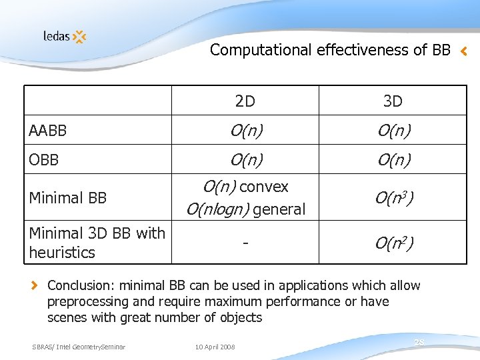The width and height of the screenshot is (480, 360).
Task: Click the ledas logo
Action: click(x=65, y=36)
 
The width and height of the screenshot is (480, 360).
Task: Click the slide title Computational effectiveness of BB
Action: click(x=330, y=50)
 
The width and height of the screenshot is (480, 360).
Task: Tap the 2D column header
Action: click(x=245, y=101)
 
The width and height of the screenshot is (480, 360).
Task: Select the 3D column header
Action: click(x=393, y=101)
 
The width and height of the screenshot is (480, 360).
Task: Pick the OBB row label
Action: click(x=44, y=160)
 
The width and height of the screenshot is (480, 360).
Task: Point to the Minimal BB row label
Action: click(x=68, y=198)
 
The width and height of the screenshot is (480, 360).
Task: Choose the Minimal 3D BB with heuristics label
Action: click(x=97, y=243)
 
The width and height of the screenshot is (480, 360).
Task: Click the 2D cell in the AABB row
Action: click(x=245, y=131)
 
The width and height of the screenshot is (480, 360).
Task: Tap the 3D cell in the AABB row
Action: click(x=393, y=131)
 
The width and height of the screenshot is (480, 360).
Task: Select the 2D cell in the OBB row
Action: click(x=245, y=160)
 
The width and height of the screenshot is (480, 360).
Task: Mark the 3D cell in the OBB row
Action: click(x=393, y=160)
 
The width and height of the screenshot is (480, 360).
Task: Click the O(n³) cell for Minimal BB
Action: click(x=393, y=198)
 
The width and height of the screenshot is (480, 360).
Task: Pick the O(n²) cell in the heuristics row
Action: click(x=393, y=243)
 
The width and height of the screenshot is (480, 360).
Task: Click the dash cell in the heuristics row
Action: click(x=245, y=243)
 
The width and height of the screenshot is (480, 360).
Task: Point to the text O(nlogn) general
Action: click(x=245, y=209)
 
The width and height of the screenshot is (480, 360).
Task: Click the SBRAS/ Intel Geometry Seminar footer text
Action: click(x=79, y=346)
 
